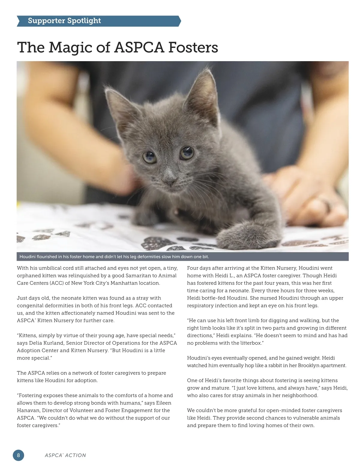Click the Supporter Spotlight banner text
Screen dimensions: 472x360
pos(64,21)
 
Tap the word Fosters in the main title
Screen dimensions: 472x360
pos(193,47)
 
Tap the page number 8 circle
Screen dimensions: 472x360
pos(18,455)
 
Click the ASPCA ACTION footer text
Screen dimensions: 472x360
pos(65,455)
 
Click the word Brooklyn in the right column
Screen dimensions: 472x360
pos(309,365)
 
